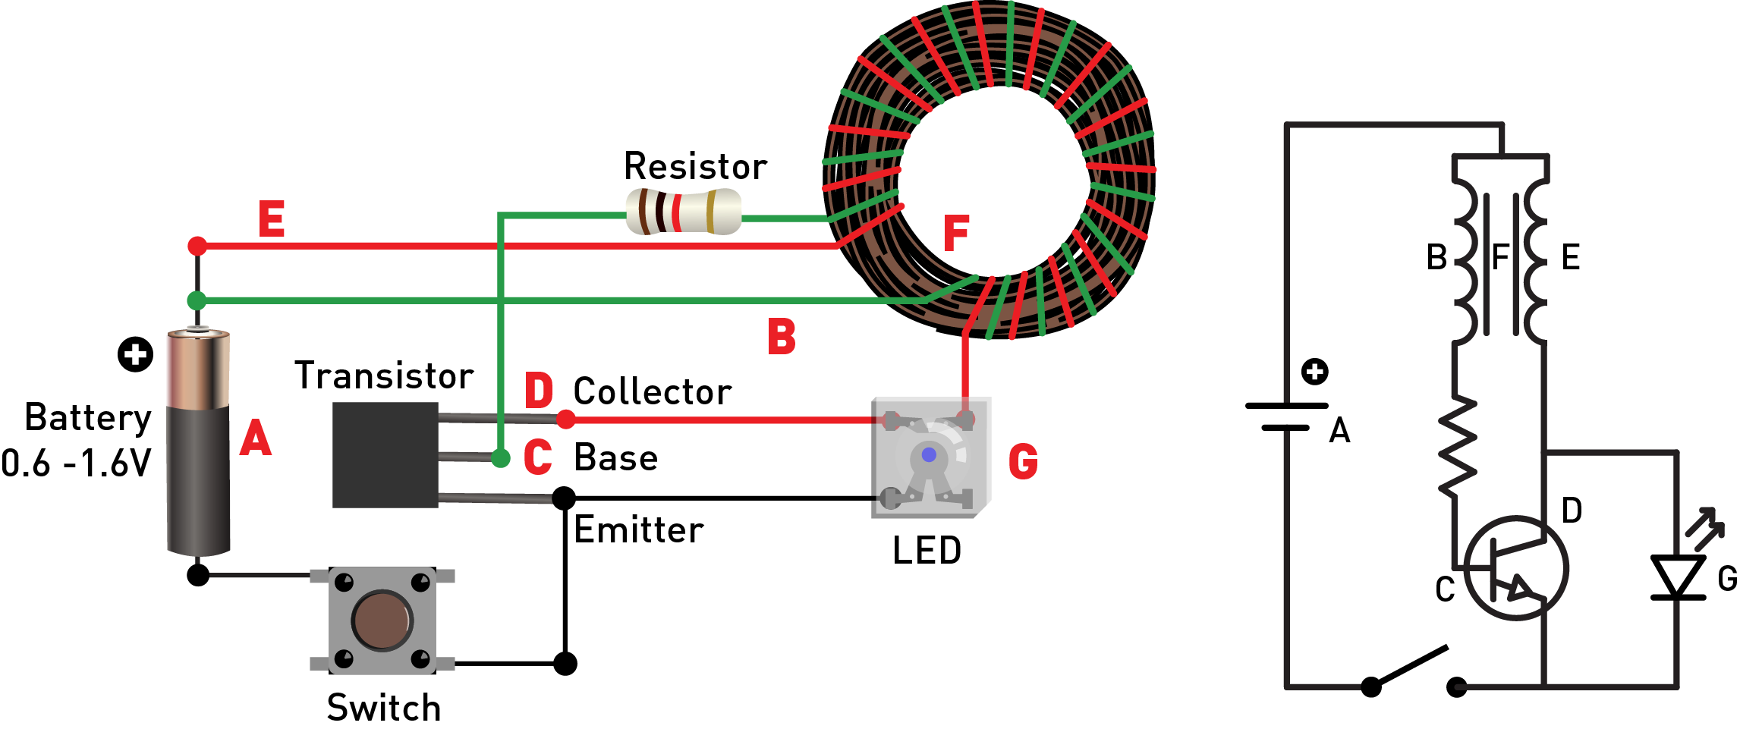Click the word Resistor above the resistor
pyautogui.click(x=695, y=166)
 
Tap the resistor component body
pyautogui.click(x=683, y=212)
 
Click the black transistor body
pyautogui.click(x=385, y=454)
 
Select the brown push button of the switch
pyautogui.click(x=382, y=620)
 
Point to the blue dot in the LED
pyautogui.click(x=929, y=455)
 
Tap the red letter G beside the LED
pyautogui.click(x=1023, y=461)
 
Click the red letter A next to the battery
pyautogui.click(x=256, y=438)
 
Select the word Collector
pyautogui.click(x=652, y=391)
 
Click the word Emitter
pyautogui.click(x=638, y=529)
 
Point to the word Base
pyautogui.click(x=615, y=457)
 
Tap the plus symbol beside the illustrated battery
pyautogui.click(x=136, y=354)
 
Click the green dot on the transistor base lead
pyautogui.click(x=500, y=457)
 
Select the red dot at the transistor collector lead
pyautogui.click(x=565, y=419)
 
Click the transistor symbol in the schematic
pyautogui.click(x=1515, y=568)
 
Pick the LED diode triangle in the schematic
pyautogui.click(x=1678, y=577)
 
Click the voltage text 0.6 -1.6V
pyautogui.click(x=76, y=463)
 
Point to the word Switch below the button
pyautogui.click(x=383, y=707)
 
